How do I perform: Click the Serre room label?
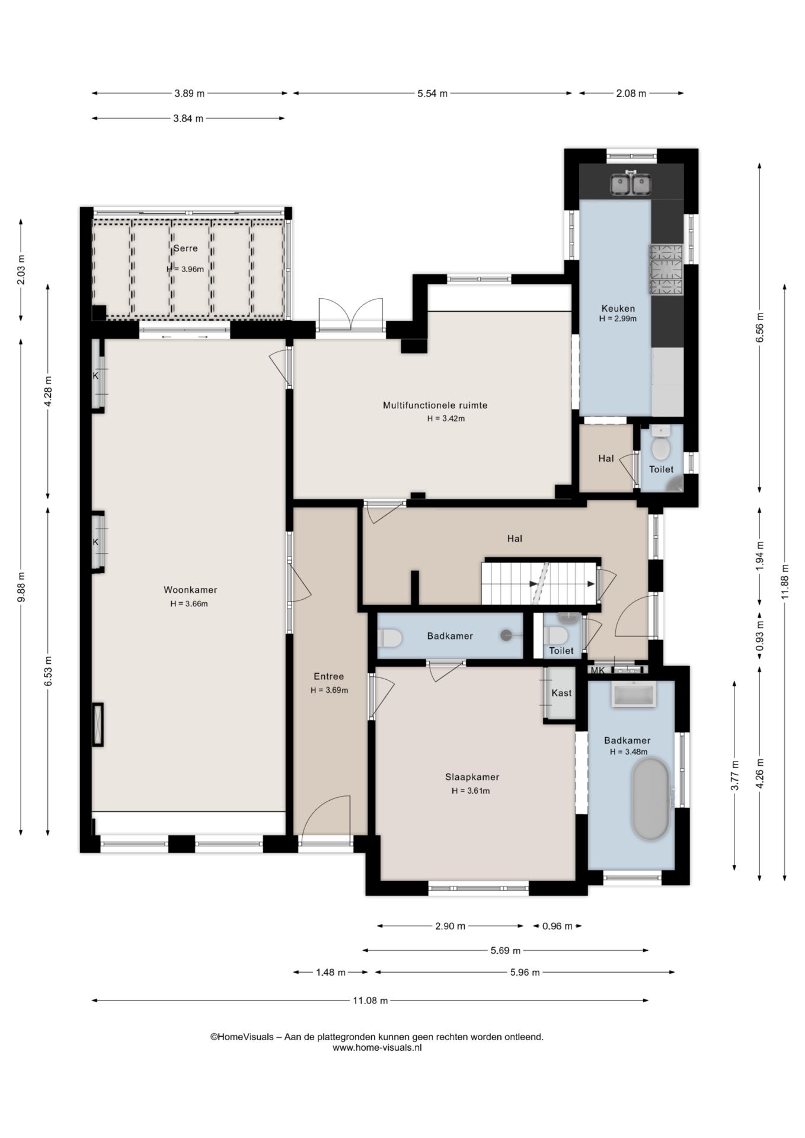coord(186,248)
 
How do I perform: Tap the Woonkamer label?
coord(190,590)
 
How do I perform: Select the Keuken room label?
coord(618,308)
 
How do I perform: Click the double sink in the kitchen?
coord(631,184)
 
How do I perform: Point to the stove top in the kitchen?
coord(666,270)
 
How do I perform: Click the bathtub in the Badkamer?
coord(651,799)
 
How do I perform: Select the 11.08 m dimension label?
coord(370,1000)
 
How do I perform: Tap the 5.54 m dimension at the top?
coord(433,93)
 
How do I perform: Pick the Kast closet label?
coord(561,693)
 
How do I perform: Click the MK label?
coord(598,671)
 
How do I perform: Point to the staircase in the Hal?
coord(538,584)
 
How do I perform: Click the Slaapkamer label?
coord(472,777)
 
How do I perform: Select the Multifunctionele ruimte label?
coord(435,405)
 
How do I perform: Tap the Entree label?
coord(328,676)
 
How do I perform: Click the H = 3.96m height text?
coord(185,269)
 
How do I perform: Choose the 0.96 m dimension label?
coord(558,926)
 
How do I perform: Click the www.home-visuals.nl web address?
coord(377,1047)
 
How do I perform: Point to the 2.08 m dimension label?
coord(631,93)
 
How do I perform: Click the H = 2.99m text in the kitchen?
coord(618,319)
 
